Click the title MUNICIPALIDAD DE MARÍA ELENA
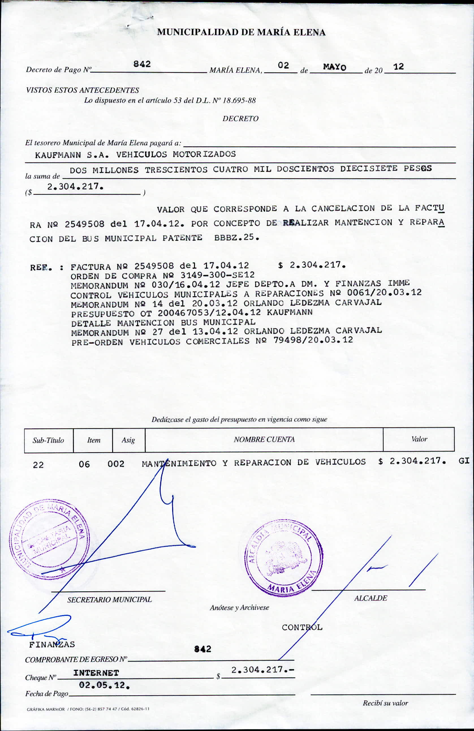point(241,32)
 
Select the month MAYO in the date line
point(334,67)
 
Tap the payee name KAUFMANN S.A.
point(72,155)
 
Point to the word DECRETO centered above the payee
point(240,119)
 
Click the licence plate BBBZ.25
point(236,237)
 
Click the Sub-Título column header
point(49,440)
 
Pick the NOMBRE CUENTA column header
point(264,440)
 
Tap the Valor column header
point(419,439)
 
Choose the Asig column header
point(128,440)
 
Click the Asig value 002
point(116,464)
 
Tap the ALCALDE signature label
point(370,598)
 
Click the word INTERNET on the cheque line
point(96,673)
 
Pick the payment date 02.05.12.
point(104,685)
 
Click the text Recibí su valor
point(385,703)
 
